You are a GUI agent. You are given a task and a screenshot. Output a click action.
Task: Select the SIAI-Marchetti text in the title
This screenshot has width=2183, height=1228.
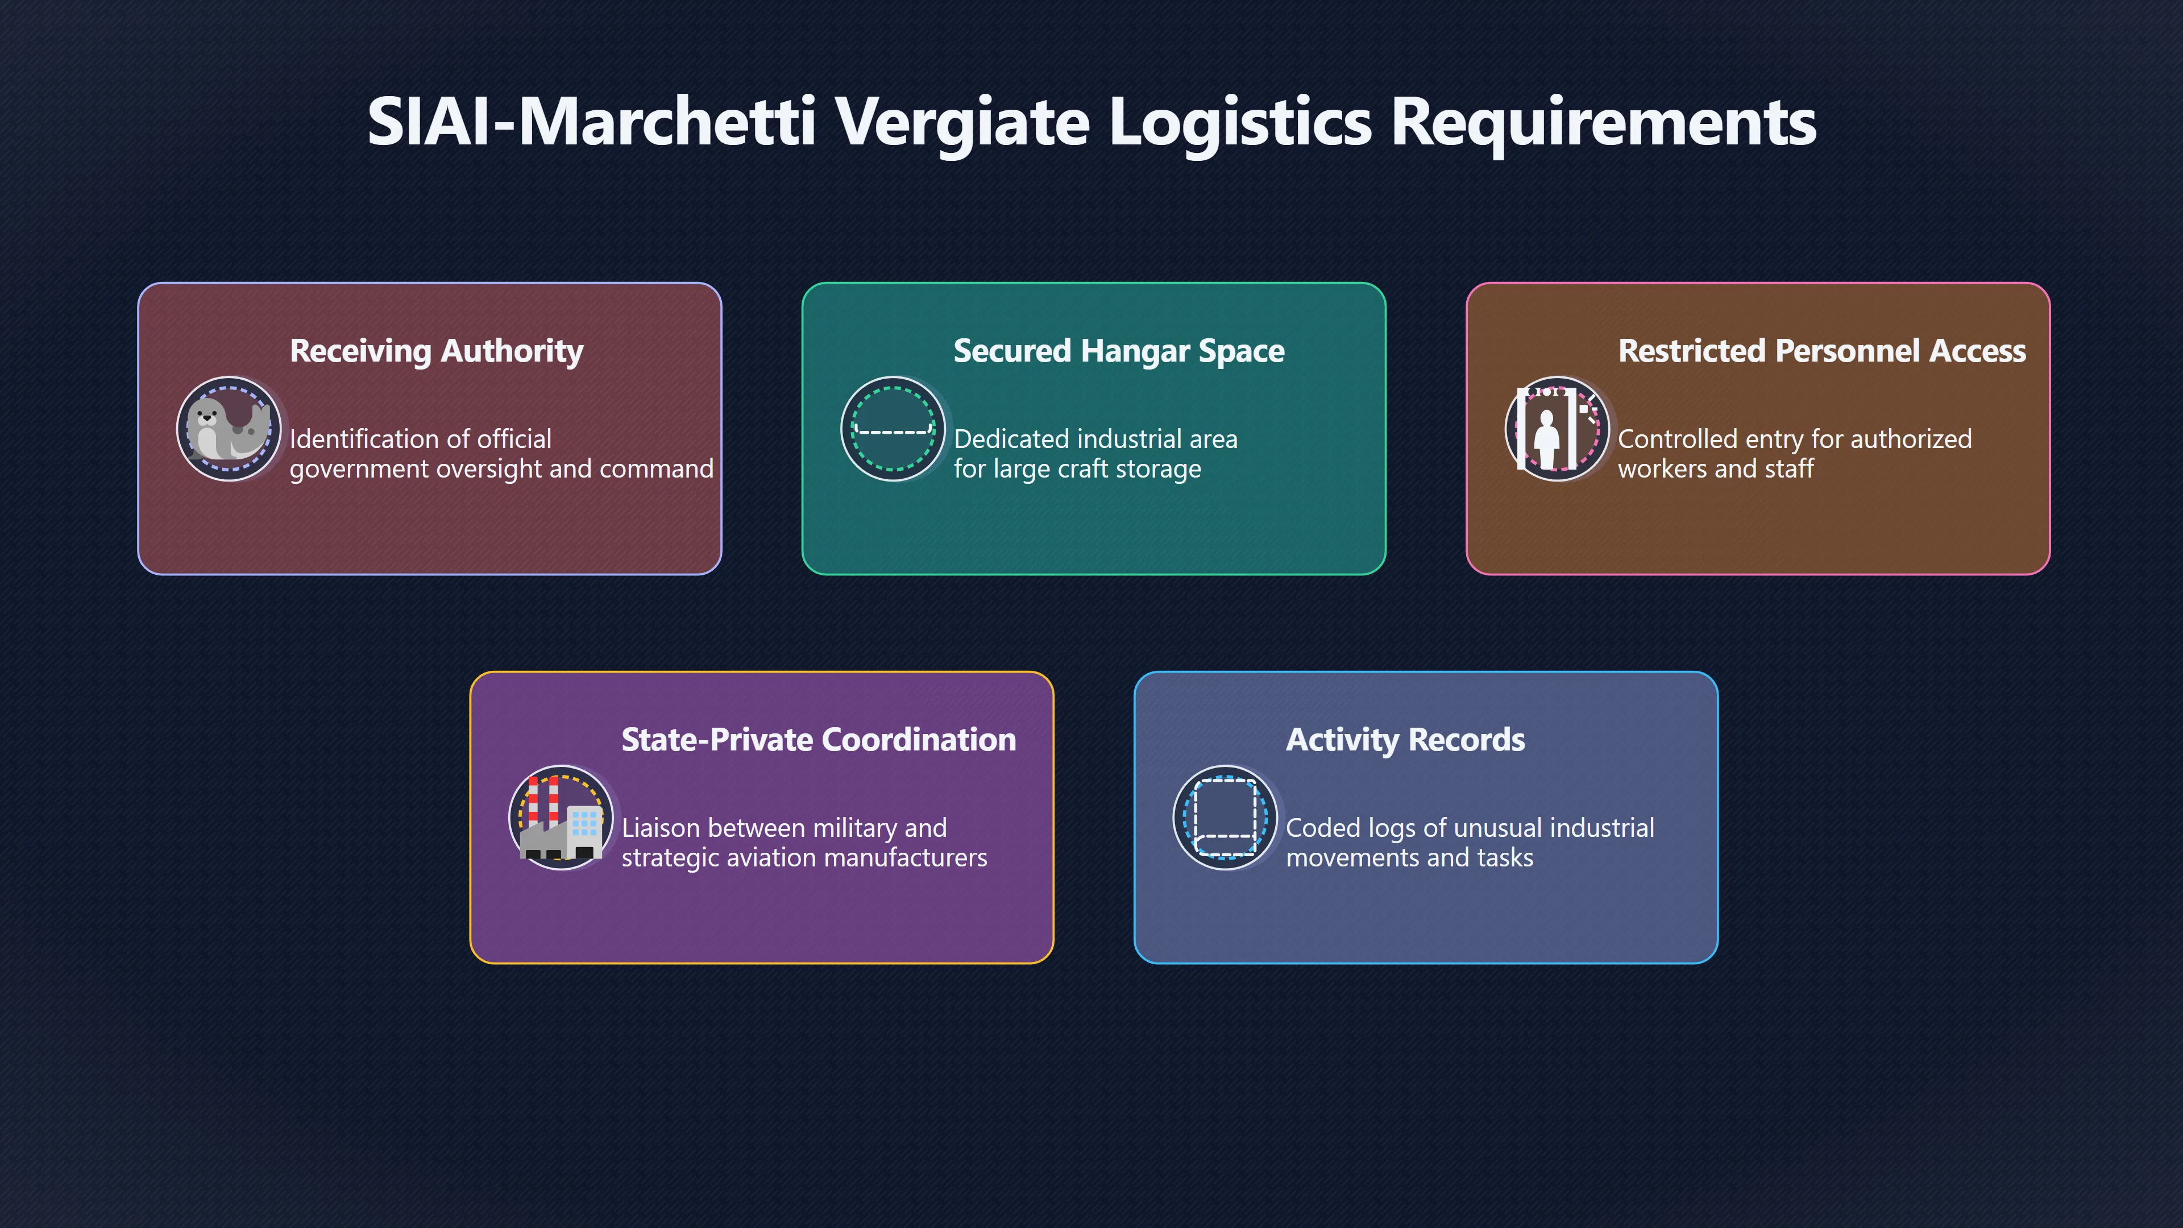pos(591,121)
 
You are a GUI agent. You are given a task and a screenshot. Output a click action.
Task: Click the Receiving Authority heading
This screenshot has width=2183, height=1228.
pos(437,351)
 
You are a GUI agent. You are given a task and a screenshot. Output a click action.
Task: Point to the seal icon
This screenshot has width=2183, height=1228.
pos(229,429)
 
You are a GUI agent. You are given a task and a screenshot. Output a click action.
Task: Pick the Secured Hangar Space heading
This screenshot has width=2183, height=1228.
pos(1119,351)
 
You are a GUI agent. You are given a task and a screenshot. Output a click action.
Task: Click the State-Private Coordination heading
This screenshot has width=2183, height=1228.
pos(819,739)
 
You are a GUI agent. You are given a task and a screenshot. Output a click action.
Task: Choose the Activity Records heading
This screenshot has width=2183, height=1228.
pos(1405,739)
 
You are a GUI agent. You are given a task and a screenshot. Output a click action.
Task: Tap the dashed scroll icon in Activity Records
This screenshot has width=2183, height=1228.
pos(1226,818)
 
